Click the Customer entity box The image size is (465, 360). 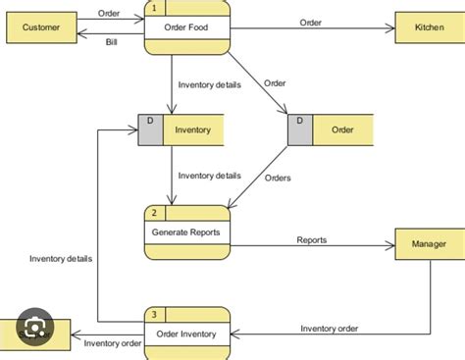point(40,28)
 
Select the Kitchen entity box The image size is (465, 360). point(427,28)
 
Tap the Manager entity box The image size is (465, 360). point(427,244)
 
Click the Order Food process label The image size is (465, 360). point(187,27)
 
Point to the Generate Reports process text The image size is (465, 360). point(187,233)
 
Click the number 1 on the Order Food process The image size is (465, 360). point(154,8)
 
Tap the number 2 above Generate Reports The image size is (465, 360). point(154,213)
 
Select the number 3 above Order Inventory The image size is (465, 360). point(154,315)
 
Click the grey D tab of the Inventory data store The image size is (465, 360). point(149,129)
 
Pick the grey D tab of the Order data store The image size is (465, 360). point(299,129)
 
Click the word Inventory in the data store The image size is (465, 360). point(192,129)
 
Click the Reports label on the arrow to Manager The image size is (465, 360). point(312,239)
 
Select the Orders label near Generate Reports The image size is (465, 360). point(278,178)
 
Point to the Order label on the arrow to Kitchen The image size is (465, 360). point(310,22)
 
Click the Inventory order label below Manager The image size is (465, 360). point(329,328)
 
